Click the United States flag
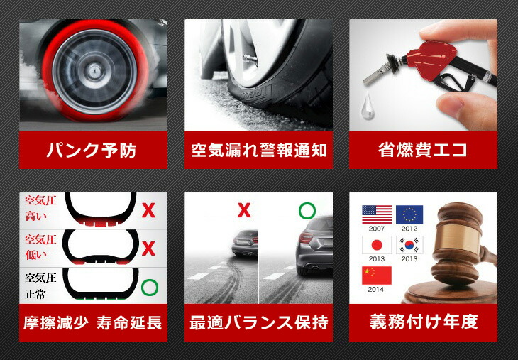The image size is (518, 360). (377, 214)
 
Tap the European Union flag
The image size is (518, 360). (409, 214)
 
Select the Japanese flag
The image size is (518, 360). (377, 244)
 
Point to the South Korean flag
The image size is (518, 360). (409, 244)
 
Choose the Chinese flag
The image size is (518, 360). (377, 276)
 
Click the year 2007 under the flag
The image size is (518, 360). (377, 229)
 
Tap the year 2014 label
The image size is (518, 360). (377, 290)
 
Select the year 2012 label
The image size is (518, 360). (409, 229)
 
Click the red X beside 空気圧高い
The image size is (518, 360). (148, 210)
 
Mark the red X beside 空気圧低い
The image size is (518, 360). (148, 249)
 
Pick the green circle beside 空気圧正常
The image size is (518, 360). (149, 288)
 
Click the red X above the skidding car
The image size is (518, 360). (244, 210)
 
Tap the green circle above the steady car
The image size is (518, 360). (307, 211)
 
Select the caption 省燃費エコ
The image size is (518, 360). (422, 151)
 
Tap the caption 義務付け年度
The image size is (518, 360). (423, 322)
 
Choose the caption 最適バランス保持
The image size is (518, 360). (258, 322)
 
